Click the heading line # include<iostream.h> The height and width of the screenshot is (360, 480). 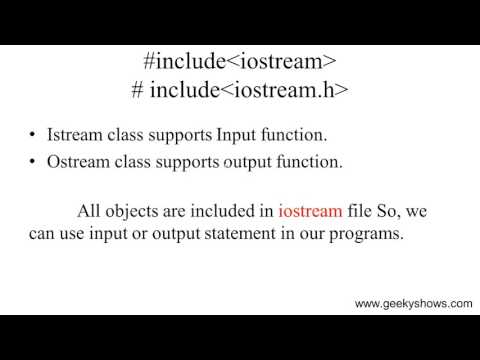[x=240, y=91]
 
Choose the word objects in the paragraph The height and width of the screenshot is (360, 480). [x=138, y=211]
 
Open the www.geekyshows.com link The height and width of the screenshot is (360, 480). [x=413, y=304]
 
